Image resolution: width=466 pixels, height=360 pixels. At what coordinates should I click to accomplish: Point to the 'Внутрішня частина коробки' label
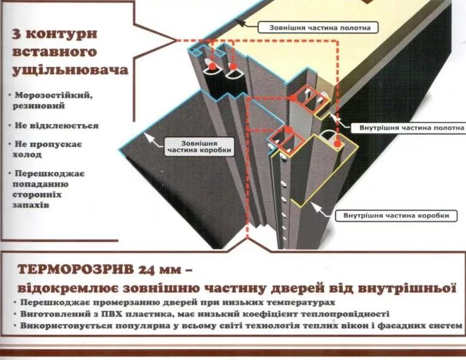[x=397, y=216]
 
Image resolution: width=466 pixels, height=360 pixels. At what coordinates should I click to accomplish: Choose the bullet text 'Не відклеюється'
[x=57, y=125]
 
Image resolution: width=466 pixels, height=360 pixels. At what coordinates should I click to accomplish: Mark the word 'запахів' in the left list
[x=31, y=205]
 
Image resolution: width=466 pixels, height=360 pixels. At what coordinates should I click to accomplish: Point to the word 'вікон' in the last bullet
[x=338, y=326]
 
